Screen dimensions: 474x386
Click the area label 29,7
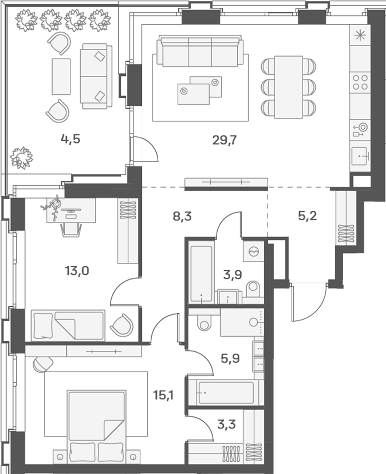[224, 139]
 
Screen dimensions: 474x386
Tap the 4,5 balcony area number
[70, 139]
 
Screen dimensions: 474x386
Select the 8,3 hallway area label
[182, 216]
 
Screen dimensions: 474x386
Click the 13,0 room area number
[77, 271]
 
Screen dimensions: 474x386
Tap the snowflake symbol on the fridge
[360, 36]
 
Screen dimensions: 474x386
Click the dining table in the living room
[289, 87]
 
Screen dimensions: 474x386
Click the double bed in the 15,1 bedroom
[96, 425]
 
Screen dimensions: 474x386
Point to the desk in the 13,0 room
[71, 210]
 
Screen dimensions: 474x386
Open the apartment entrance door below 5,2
[307, 302]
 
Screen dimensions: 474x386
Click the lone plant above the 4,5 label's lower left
[22, 157]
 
